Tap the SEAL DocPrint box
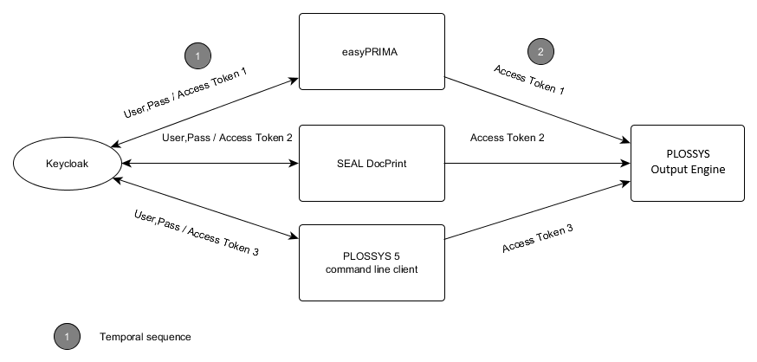point(371,163)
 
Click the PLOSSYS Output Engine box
point(687,164)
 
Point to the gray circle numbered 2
point(540,51)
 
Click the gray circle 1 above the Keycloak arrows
point(197,56)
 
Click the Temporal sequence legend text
point(145,336)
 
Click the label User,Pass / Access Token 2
point(227,137)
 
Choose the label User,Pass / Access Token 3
point(197,232)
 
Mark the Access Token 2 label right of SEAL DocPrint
point(507,137)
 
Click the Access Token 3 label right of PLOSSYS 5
point(537,239)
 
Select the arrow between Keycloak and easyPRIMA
point(204,112)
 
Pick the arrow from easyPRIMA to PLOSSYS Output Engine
point(537,109)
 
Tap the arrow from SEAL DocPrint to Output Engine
point(537,163)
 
